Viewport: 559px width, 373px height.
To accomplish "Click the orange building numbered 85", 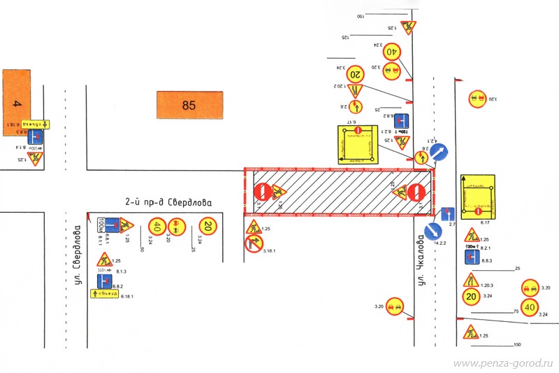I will pyautogui.click(x=189, y=106).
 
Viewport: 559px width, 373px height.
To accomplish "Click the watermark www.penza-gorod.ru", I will pyautogui.click(x=503, y=364).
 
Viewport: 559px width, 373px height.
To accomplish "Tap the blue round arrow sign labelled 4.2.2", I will pyautogui.click(x=434, y=230).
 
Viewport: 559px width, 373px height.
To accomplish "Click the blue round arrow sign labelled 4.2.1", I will pyautogui.click(x=439, y=153).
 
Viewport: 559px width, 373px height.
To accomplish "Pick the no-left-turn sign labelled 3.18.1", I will pyautogui.click(x=253, y=244).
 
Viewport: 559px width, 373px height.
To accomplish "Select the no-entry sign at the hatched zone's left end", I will pyautogui.click(x=262, y=191).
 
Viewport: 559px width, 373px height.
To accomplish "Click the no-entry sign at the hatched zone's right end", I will pyautogui.click(x=418, y=192).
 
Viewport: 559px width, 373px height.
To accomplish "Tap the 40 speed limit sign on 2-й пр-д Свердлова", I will pyautogui.click(x=157, y=226).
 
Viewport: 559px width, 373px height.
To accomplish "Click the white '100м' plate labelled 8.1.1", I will pyautogui.click(x=106, y=225).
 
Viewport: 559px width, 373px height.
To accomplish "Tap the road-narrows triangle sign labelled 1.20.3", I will pyautogui.click(x=470, y=281).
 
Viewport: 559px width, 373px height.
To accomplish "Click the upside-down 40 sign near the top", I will pyautogui.click(x=391, y=51).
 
